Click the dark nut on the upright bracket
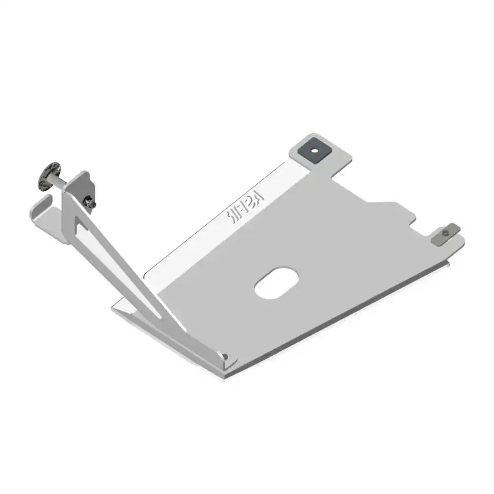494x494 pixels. (x=90, y=202)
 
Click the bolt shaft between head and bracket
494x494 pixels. (x=60, y=182)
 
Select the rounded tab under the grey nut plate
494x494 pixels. (x=454, y=242)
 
